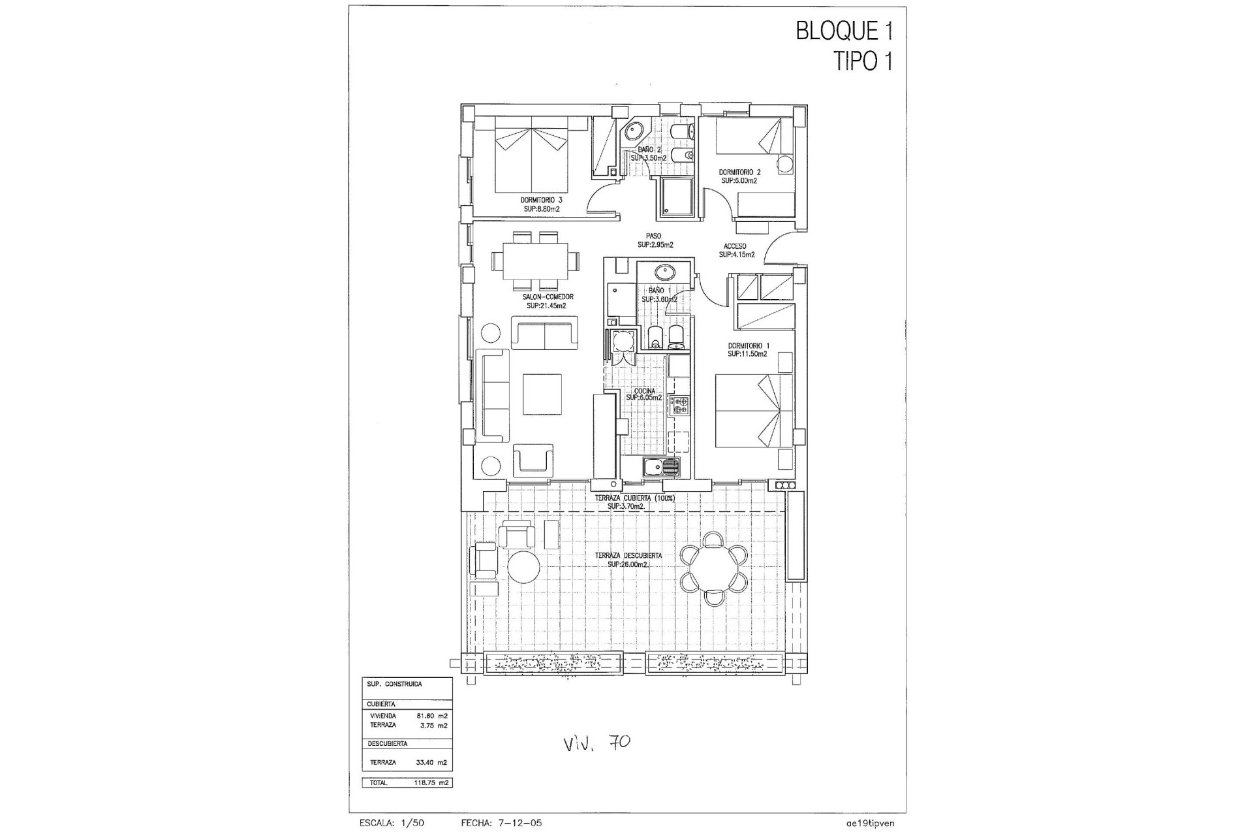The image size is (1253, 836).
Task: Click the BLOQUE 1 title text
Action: (844, 31)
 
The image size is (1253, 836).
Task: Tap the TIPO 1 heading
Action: (863, 61)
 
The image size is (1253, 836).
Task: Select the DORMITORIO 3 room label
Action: (541, 200)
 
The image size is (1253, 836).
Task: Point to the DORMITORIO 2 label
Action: (739, 172)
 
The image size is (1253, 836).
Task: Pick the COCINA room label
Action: (643, 391)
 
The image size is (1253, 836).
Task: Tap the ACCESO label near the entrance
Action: (735, 246)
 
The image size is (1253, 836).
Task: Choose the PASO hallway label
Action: (654, 236)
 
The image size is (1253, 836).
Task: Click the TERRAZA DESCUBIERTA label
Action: (628, 556)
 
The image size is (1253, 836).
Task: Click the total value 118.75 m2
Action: (433, 782)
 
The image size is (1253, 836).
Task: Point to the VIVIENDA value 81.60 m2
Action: (432, 716)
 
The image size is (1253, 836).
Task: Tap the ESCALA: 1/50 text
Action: (392, 823)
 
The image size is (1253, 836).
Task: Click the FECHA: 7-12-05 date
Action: (501, 823)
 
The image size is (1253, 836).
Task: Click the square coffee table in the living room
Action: (542, 394)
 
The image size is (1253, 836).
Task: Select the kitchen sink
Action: (661, 466)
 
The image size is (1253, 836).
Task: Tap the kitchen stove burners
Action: (679, 405)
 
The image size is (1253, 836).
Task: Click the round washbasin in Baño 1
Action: (664, 270)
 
